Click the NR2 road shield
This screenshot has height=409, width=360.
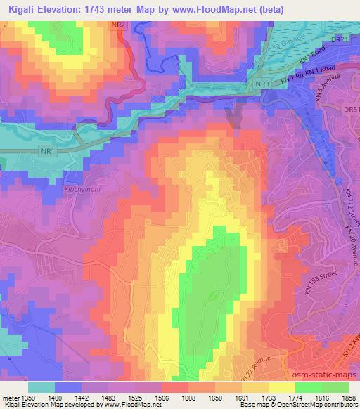pyautogui.click(x=120, y=25)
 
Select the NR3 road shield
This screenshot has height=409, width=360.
pyautogui.click(x=262, y=84)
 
